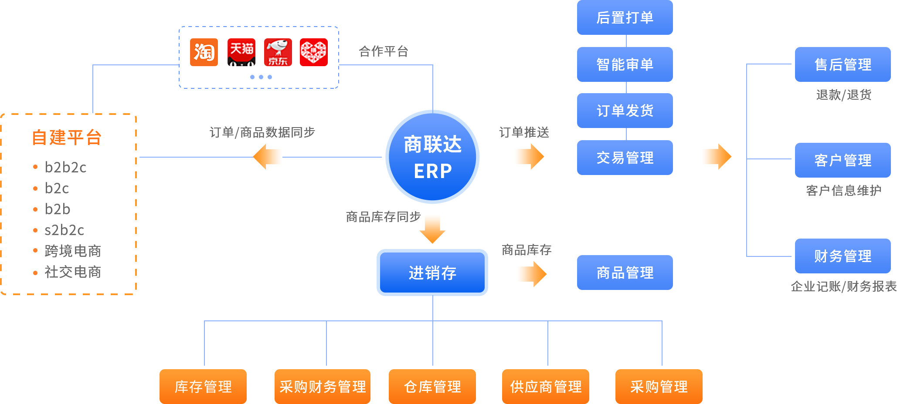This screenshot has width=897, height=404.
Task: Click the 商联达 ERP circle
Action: [x=432, y=157]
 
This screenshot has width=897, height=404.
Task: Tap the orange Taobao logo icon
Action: [x=204, y=52]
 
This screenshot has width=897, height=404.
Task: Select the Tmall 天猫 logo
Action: [x=241, y=52]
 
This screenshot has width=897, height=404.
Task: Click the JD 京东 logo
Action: [x=278, y=52]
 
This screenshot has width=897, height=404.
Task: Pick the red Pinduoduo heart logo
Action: [x=314, y=52]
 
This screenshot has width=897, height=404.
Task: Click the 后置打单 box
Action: [x=625, y=17]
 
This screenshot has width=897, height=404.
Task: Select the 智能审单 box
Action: [x=625, y=64]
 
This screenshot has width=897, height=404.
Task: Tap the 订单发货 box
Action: [x=625, y=111]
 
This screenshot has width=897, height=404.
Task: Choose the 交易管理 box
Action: [x=625, y=158]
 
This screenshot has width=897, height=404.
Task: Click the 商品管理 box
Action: [x=625, y=273]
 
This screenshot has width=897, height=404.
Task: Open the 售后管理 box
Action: [x=843, y=64]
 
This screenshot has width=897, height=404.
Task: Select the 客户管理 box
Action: [x=843, y=160]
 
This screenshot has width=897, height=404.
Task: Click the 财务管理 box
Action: [x=843, y=256]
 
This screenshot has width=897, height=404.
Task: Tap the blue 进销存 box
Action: [x=432, y=273]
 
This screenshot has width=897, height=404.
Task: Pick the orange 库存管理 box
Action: [x=203, y=387]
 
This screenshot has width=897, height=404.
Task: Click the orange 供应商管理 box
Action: [x=546, y=387]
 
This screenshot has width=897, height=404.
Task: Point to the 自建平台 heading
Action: [x=67, y=138]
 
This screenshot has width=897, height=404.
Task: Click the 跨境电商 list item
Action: [x=72, y=251]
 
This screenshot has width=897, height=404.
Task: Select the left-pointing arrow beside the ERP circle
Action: [x=268, y=157]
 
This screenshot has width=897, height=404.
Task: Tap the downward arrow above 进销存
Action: [x=432, y=228]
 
